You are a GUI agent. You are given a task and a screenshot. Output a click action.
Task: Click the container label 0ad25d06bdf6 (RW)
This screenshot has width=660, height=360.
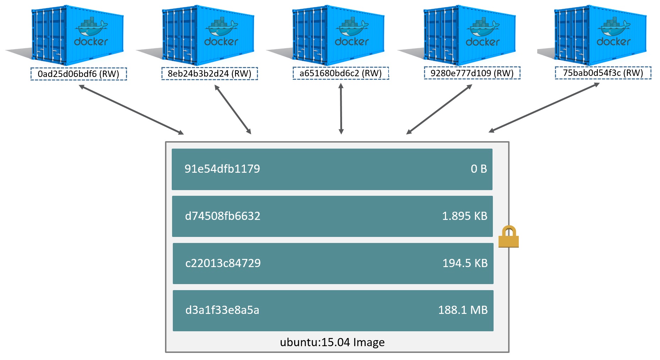coord(78,74)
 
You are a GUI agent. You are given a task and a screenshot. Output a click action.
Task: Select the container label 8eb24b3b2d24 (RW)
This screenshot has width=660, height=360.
coord(209,73)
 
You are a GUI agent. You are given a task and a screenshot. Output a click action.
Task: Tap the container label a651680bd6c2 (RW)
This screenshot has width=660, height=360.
coord(341,73)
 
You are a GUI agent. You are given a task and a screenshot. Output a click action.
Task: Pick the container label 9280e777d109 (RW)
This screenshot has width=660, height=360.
coord(472,73)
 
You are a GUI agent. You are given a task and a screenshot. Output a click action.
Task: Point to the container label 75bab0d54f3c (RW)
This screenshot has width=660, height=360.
coord(603,73)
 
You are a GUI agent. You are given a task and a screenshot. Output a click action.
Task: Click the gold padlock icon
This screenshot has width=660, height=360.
coord(508,237)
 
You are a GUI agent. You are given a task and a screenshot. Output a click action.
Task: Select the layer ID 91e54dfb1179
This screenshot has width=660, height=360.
coord(222,169)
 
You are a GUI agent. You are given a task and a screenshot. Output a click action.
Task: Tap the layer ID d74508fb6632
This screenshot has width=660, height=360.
coord(222,216)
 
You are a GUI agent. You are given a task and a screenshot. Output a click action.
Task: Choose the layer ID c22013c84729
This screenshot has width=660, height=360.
coord(223,263)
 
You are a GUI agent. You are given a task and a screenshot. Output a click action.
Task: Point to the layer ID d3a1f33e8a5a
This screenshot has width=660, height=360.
coord(222,310)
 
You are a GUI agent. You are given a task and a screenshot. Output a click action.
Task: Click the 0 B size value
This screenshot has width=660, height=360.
coord(479,169)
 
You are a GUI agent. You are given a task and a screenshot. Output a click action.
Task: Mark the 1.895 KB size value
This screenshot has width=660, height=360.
coord(464,216)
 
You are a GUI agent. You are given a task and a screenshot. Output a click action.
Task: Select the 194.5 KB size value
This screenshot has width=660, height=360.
coord(465,263)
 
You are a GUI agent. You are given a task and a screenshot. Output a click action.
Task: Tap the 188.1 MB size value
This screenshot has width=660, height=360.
coord(463,310)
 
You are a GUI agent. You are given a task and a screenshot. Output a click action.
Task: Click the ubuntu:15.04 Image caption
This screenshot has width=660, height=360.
coord(332,342)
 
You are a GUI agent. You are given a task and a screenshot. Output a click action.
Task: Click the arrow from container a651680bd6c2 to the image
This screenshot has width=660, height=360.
coord(341,109)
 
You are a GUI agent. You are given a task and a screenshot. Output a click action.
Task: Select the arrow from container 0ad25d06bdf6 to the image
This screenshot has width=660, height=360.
coord(131,110)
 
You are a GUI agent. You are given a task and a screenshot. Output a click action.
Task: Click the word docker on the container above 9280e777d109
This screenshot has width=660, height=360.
coord(483,42)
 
